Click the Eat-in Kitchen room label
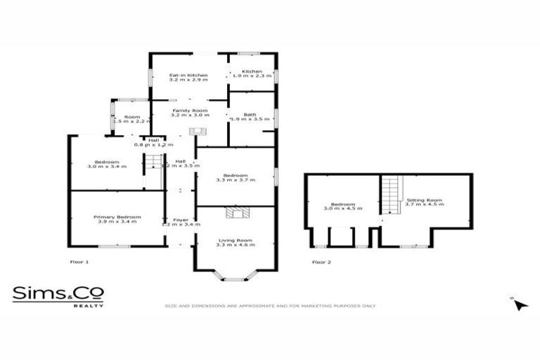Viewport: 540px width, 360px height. [x=188, y=77]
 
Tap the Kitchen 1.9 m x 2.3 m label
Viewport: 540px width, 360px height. [x=252, y=73]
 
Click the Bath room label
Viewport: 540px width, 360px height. [x=250, y=117]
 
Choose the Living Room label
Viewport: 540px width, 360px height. [x=235, y=243]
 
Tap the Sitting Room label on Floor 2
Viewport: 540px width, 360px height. [x=425, y=203]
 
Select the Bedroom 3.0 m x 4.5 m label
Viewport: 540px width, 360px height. [x=342, y=206]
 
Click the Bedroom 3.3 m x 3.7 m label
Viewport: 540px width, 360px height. [x=235, y=177]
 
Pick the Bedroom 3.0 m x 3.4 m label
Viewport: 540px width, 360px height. [x=107, y=165]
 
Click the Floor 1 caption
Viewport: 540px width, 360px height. [x=79, y=262]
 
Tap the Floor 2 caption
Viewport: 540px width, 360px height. [x=321, y=262]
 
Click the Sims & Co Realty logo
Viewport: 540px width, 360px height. [x=58, y=295]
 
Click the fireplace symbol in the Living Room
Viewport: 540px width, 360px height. [x=234, y=213]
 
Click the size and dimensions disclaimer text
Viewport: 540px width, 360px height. [x=270, y=306]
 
